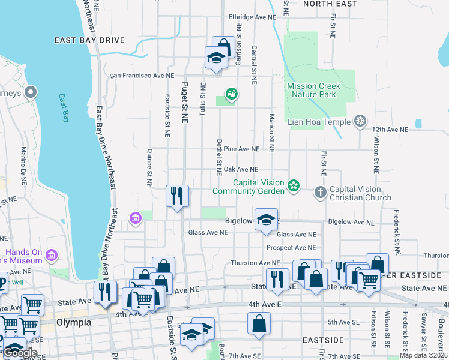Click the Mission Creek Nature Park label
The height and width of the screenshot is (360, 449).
click(313, 90)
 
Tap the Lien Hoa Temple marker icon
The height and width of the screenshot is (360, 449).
click(360, 121)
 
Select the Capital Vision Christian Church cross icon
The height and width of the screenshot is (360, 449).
click(320, 193)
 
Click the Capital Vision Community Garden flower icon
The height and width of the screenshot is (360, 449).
click(293, 186)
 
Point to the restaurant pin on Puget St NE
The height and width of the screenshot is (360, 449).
click(178, 196)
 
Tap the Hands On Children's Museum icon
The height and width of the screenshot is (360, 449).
click(52, 256)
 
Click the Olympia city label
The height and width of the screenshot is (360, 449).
click(73, 322)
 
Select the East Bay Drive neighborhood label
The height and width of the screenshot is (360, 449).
click(89, 40)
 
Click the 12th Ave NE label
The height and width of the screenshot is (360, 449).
click(390, 129)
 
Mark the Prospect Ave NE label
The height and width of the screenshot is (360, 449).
click(291, 247)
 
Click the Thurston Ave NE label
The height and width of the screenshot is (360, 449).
click(255, 263)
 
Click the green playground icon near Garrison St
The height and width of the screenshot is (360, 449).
click(231, 94)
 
